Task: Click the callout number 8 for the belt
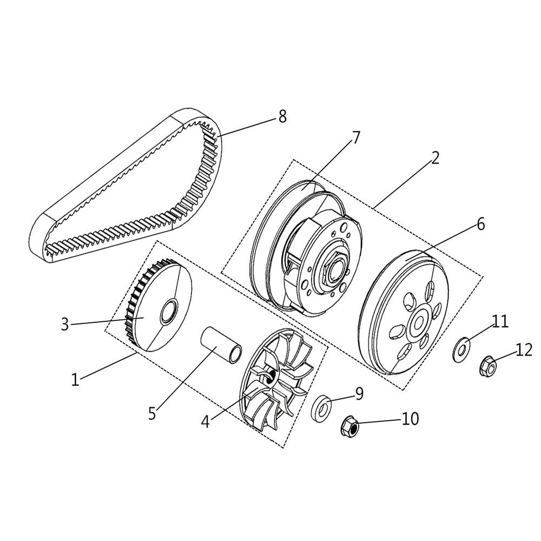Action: coord(282,116)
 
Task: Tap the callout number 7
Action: coord(355,137)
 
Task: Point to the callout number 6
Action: coord(480,223)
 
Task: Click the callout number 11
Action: coord(500,322)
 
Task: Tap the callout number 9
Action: coord(359,393)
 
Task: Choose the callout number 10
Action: coord(410,419)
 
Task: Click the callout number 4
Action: coord(205,421)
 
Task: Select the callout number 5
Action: coord(152,414)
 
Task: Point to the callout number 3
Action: coord(65,325)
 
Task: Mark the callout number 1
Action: coord(75,379)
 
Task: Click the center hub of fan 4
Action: coord(270,375)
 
